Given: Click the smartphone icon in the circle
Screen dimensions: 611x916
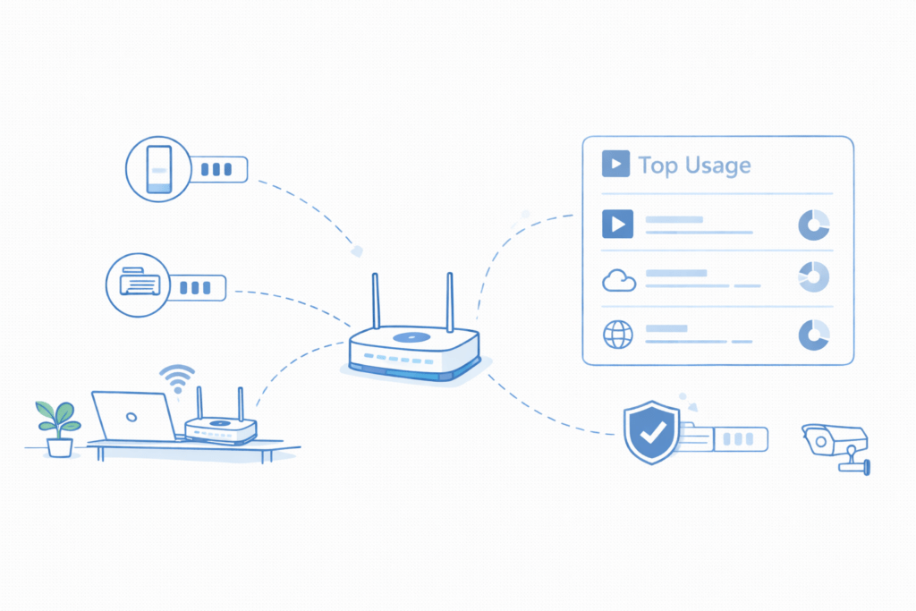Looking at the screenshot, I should pyautogui.click(x=158, y=168).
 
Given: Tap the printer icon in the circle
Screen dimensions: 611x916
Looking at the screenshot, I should pyautogui.click(x=140, y=284).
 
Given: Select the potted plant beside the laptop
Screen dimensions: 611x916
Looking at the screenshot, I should pyautogui.click(x=59, y=428).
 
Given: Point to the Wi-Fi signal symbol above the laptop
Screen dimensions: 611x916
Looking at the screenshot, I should pyautogui.click(x=177, y=378).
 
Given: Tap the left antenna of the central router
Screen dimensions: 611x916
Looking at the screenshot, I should pyautogui.click(x=377, y=301).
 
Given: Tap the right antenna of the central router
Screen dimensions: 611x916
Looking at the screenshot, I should pyautogui.click(x=450, y=301).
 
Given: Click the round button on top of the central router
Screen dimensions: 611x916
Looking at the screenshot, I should pyautogui.click(x=411, y=338).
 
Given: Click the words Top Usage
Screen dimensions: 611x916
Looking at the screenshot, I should pyautogui.click(x=694, y=165).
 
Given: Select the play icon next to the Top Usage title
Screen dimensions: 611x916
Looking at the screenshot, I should pyautogui.click(x=615, y=164).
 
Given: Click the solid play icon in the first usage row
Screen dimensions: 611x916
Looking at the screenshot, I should pyautogui.click(x=617, y=224).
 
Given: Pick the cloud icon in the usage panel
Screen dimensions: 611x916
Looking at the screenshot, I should pyautogui.click(x=619, y=281).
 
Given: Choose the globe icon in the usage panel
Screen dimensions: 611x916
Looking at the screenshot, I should pyautogui.click(x=618, y=335).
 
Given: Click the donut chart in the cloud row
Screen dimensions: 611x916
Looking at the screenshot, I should pyautogui.click(x=813, y=278).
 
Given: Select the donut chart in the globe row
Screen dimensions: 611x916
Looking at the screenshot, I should pyautogui.click(x=813, y=335).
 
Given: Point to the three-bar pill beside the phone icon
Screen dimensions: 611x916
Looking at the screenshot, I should pyautogui.click(x=216, y=168).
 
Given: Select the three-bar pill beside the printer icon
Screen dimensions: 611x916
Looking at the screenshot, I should pyautogui.click(x=195, y=287).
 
